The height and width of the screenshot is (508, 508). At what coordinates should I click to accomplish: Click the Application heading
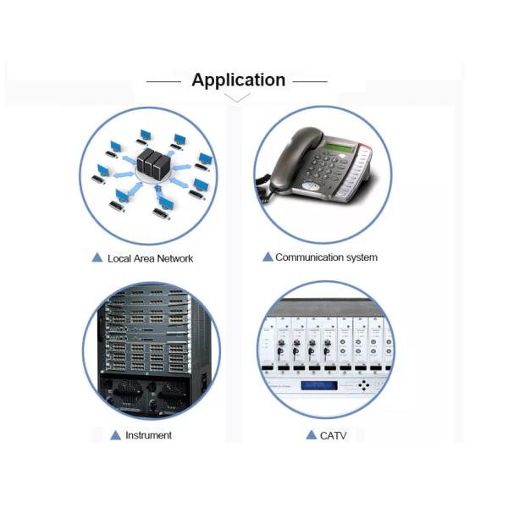click(239, 80)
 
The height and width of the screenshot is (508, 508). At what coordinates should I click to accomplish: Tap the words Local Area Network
click(151, 258)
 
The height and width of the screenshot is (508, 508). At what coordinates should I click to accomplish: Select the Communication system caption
click(326, 257)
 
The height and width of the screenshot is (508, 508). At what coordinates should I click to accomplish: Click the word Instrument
click(149, 435)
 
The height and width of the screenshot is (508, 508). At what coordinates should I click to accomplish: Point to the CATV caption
click(333, 436)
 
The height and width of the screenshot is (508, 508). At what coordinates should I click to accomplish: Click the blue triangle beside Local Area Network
click(97, 257)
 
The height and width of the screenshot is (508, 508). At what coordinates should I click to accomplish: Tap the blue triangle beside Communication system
click(268, 257)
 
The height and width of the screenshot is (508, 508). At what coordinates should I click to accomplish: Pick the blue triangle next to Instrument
click(116, 435)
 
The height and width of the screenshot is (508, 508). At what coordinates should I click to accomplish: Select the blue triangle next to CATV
click(312, 435)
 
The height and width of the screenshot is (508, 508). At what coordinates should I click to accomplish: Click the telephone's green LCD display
click(340, 147)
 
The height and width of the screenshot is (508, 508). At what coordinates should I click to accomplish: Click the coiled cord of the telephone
click(263, 190)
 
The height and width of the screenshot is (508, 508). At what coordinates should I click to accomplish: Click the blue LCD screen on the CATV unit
click(319, 385)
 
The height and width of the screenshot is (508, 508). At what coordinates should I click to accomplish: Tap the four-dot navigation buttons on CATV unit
click(364, 385)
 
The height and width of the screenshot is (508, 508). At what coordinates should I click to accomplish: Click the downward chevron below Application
click(237, 97)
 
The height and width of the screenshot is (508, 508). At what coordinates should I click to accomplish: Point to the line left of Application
click(163, 81)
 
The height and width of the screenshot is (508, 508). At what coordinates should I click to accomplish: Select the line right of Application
click(310, 81)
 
